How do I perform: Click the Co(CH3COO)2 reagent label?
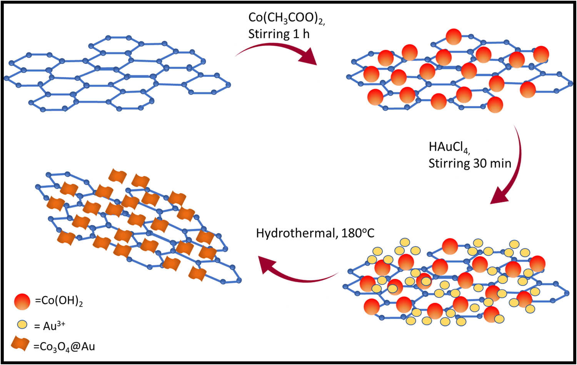coord(287,18)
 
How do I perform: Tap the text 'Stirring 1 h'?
coord(279,34)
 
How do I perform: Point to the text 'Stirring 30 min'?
coord(470,163)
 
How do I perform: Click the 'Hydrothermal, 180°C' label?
coord(315,234)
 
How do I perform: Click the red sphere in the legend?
coord(22,301)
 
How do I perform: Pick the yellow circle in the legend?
coord(22,325)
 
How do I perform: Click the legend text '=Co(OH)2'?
coord(59,301)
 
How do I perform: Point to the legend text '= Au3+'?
coord(50,325)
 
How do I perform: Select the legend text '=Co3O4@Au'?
coord(64,347)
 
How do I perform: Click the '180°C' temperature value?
coord(358,233)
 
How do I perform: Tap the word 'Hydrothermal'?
coord(296,234)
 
